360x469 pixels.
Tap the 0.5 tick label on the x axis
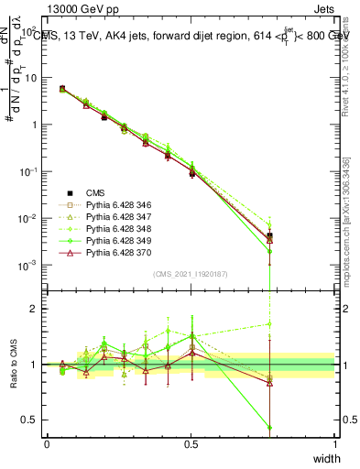pos(191,443)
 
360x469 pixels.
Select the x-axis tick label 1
pos(335,443)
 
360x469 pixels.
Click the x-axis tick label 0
pos(47,443)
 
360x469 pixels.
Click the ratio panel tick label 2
pos(36,309)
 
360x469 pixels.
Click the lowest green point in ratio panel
pos(269,427)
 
